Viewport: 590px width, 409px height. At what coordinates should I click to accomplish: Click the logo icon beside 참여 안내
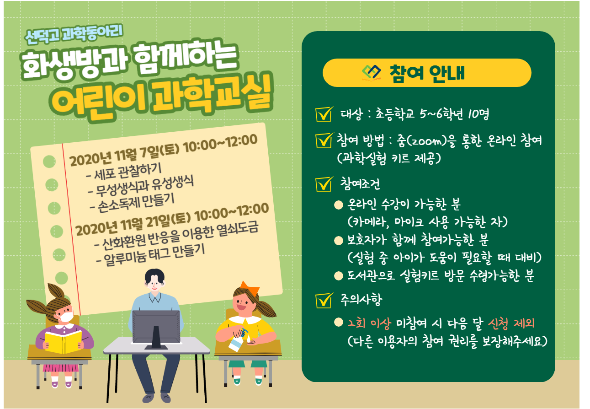371,73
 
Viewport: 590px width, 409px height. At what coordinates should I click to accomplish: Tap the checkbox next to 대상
324,114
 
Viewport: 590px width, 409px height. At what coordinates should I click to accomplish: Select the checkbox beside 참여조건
324,184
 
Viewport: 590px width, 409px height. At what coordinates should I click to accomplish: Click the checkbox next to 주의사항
324,301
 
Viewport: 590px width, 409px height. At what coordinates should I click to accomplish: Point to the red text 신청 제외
511,323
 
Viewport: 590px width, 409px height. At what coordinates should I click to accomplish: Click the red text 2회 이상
369,323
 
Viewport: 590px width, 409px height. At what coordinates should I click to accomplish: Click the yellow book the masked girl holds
63,342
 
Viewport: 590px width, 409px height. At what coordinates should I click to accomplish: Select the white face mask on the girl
65,316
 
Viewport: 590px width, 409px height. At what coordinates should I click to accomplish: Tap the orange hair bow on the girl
249,288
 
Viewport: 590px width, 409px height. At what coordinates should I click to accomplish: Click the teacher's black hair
154,275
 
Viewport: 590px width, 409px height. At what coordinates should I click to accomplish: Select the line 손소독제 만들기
132,203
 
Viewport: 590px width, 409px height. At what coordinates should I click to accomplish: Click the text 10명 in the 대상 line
478,114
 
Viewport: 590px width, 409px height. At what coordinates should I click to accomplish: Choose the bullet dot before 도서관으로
339,276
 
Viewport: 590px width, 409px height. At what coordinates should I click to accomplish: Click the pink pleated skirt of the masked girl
61,368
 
